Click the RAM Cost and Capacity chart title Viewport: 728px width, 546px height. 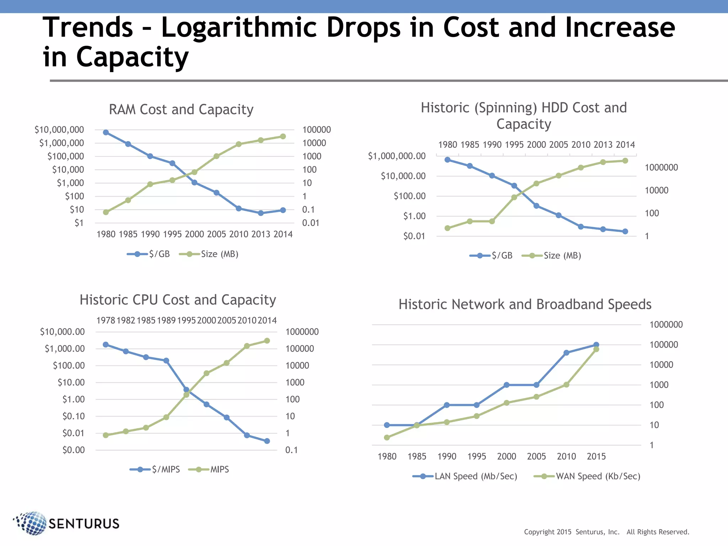click(x=181, y=109)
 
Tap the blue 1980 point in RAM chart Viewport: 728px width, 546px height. click(x=106, y=132)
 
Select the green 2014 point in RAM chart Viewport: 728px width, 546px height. click(x=283, y=136)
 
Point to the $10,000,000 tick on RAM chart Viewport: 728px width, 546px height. click(x=59, y=130)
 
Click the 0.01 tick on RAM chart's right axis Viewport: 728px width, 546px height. click(x=310, y=223)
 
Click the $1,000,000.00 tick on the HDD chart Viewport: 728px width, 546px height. click(x=396, y=156)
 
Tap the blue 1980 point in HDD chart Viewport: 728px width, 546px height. click(x=448, y=160)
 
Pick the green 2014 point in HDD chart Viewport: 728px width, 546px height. click(x=625, y=161)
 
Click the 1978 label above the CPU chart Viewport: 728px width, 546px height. click(x=106, y=321)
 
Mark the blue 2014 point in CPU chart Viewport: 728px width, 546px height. click(x=267, y=441)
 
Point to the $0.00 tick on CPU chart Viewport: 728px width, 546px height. click(x=74, y=450)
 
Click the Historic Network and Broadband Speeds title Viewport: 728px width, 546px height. click(x=525, y=305)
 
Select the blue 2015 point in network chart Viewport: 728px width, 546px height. click(x=596, y=345)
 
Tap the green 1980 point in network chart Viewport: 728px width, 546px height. click(x=387, y=438)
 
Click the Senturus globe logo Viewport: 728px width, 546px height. click(x=31, y=523)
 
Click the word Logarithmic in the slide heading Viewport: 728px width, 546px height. click(x=239, y=28)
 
